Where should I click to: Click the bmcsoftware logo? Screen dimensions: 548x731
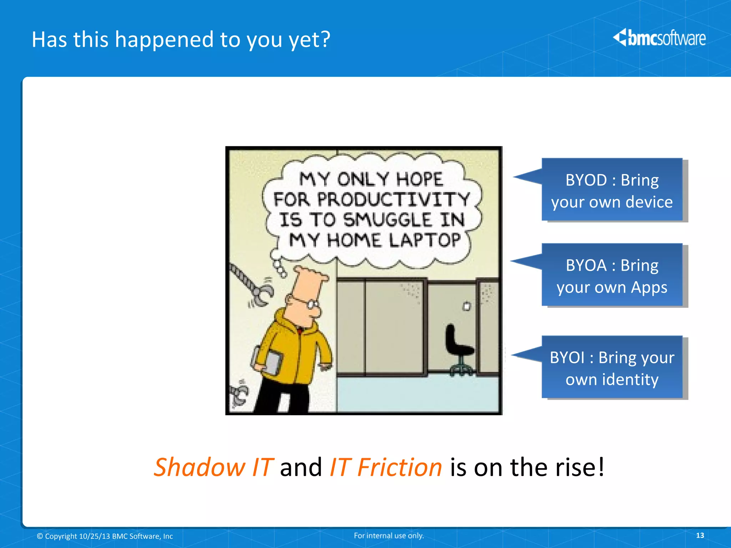click(659, 38)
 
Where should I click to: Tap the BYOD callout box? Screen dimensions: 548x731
click(612, 190)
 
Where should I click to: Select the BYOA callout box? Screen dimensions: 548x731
click(612, 275)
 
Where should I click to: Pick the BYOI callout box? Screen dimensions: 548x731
click(612, 367)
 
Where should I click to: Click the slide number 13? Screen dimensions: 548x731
click(700, 535)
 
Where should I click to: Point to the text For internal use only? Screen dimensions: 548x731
click(389, 535)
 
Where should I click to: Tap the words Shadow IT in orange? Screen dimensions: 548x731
click(213, 467)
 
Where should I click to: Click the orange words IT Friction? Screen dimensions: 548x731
click(385, 467)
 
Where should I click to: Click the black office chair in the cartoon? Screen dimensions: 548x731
click(459, 348)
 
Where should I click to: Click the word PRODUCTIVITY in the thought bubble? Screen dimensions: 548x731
click(393, 199)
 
